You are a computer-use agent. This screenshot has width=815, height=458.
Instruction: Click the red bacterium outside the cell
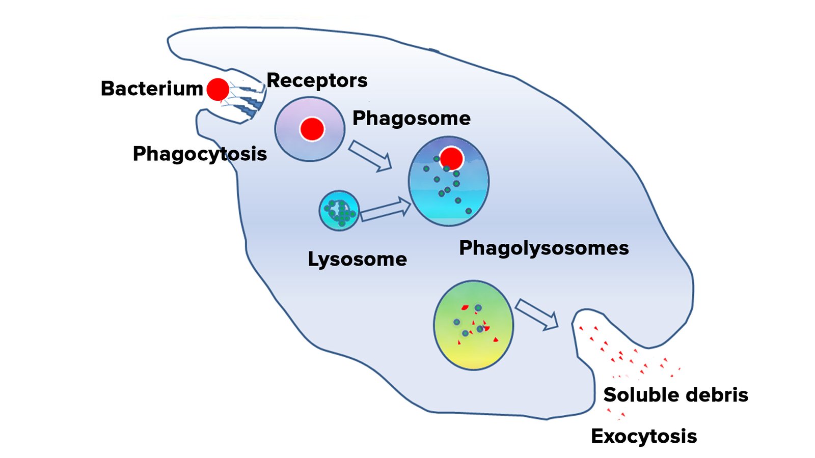coord(218,90)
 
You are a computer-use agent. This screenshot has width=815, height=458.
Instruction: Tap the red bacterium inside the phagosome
coord(312,129)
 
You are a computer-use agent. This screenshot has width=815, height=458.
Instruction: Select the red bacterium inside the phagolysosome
coord(451,158)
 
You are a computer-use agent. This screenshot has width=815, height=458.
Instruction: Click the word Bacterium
coord(152,89)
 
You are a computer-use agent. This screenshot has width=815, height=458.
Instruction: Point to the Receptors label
coord(317,80)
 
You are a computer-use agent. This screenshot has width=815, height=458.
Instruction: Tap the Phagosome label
coord(411,118)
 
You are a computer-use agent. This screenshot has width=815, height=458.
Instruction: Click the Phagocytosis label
coord(200,154)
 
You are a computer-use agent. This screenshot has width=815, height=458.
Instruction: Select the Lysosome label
coord(357,260)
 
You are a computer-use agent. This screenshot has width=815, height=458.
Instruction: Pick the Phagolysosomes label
coord(544,248)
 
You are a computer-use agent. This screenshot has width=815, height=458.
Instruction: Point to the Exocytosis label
coord(643,436)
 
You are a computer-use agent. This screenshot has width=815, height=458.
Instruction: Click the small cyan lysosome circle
coord(339,211)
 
